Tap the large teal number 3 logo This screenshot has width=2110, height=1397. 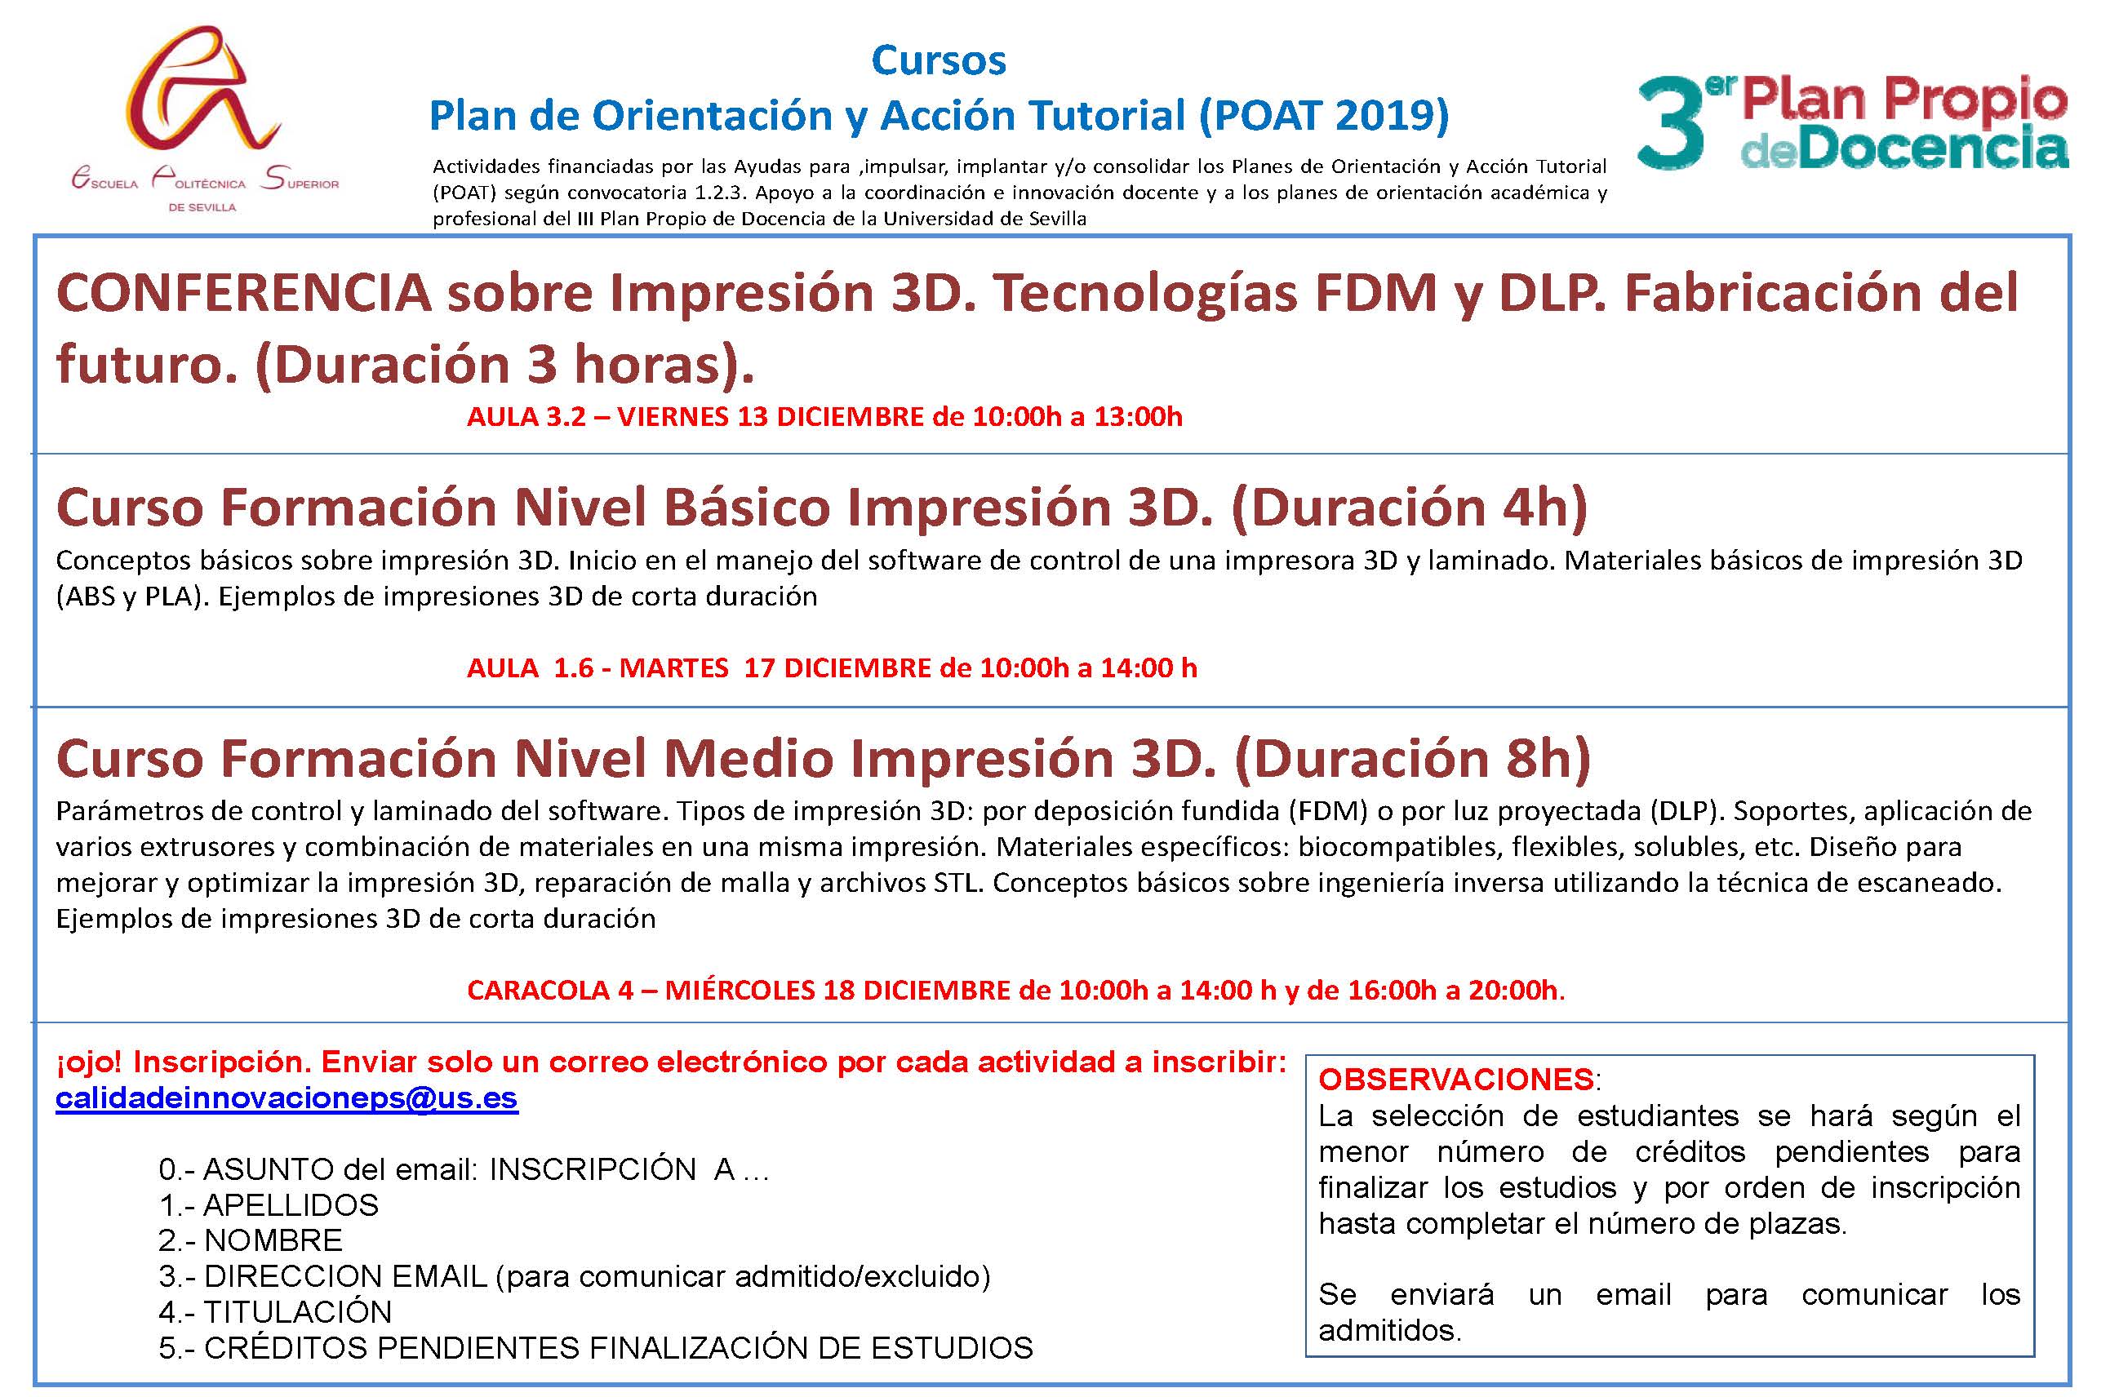click(1670, 122)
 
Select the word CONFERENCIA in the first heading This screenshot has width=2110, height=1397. click(243, 293)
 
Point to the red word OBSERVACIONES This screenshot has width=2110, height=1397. click(1456, 1079)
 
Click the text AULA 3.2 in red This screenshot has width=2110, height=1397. click(526, 416)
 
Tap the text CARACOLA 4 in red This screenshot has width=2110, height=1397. click(550, 990)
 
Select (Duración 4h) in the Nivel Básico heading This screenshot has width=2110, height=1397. click(1409, 508)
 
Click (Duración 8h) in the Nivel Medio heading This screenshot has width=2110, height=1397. click(1411, 759)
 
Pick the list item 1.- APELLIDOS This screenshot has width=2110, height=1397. click(269, 1204)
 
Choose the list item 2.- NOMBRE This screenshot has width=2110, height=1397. click(251, 1240)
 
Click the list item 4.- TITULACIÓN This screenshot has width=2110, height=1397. click(275, 1311)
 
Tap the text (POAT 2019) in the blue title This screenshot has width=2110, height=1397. click(1323, 116)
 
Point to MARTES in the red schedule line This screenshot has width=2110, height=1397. click(673, 667)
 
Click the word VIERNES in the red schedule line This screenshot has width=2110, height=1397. click(673, 416)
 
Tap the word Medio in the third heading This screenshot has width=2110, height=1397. click(747, 759)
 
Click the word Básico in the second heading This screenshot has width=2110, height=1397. click(747, 508)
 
